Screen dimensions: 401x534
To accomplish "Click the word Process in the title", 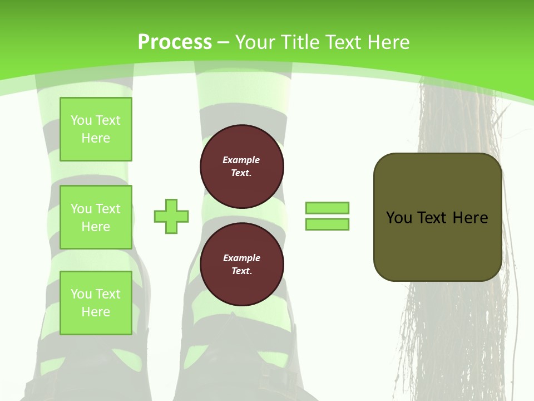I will tap(175, 42).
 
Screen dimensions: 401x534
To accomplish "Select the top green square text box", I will tap(96, 129).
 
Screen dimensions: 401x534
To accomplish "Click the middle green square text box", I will tap(96, 217).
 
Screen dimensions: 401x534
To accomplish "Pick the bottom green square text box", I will tap(96, 302).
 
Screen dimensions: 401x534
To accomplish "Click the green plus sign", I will tap(171, 216).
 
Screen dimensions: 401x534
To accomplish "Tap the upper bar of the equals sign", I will tap(327, 208).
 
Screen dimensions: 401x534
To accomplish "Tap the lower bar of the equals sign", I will tap(327, 224).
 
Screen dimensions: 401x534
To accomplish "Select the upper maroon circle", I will tap(242, 166).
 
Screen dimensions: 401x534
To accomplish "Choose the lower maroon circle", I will tap(242, 264).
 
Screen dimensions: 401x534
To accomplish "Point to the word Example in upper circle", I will tap(241, 160).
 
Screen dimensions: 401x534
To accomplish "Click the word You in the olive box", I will tap(399, 218).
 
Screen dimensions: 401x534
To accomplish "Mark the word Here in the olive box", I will tap(470, 218).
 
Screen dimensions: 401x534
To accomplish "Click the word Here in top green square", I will tap(96, 138).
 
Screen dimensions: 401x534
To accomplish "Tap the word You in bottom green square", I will tap(81, 294).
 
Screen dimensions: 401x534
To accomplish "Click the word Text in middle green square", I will tap(108, 209).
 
